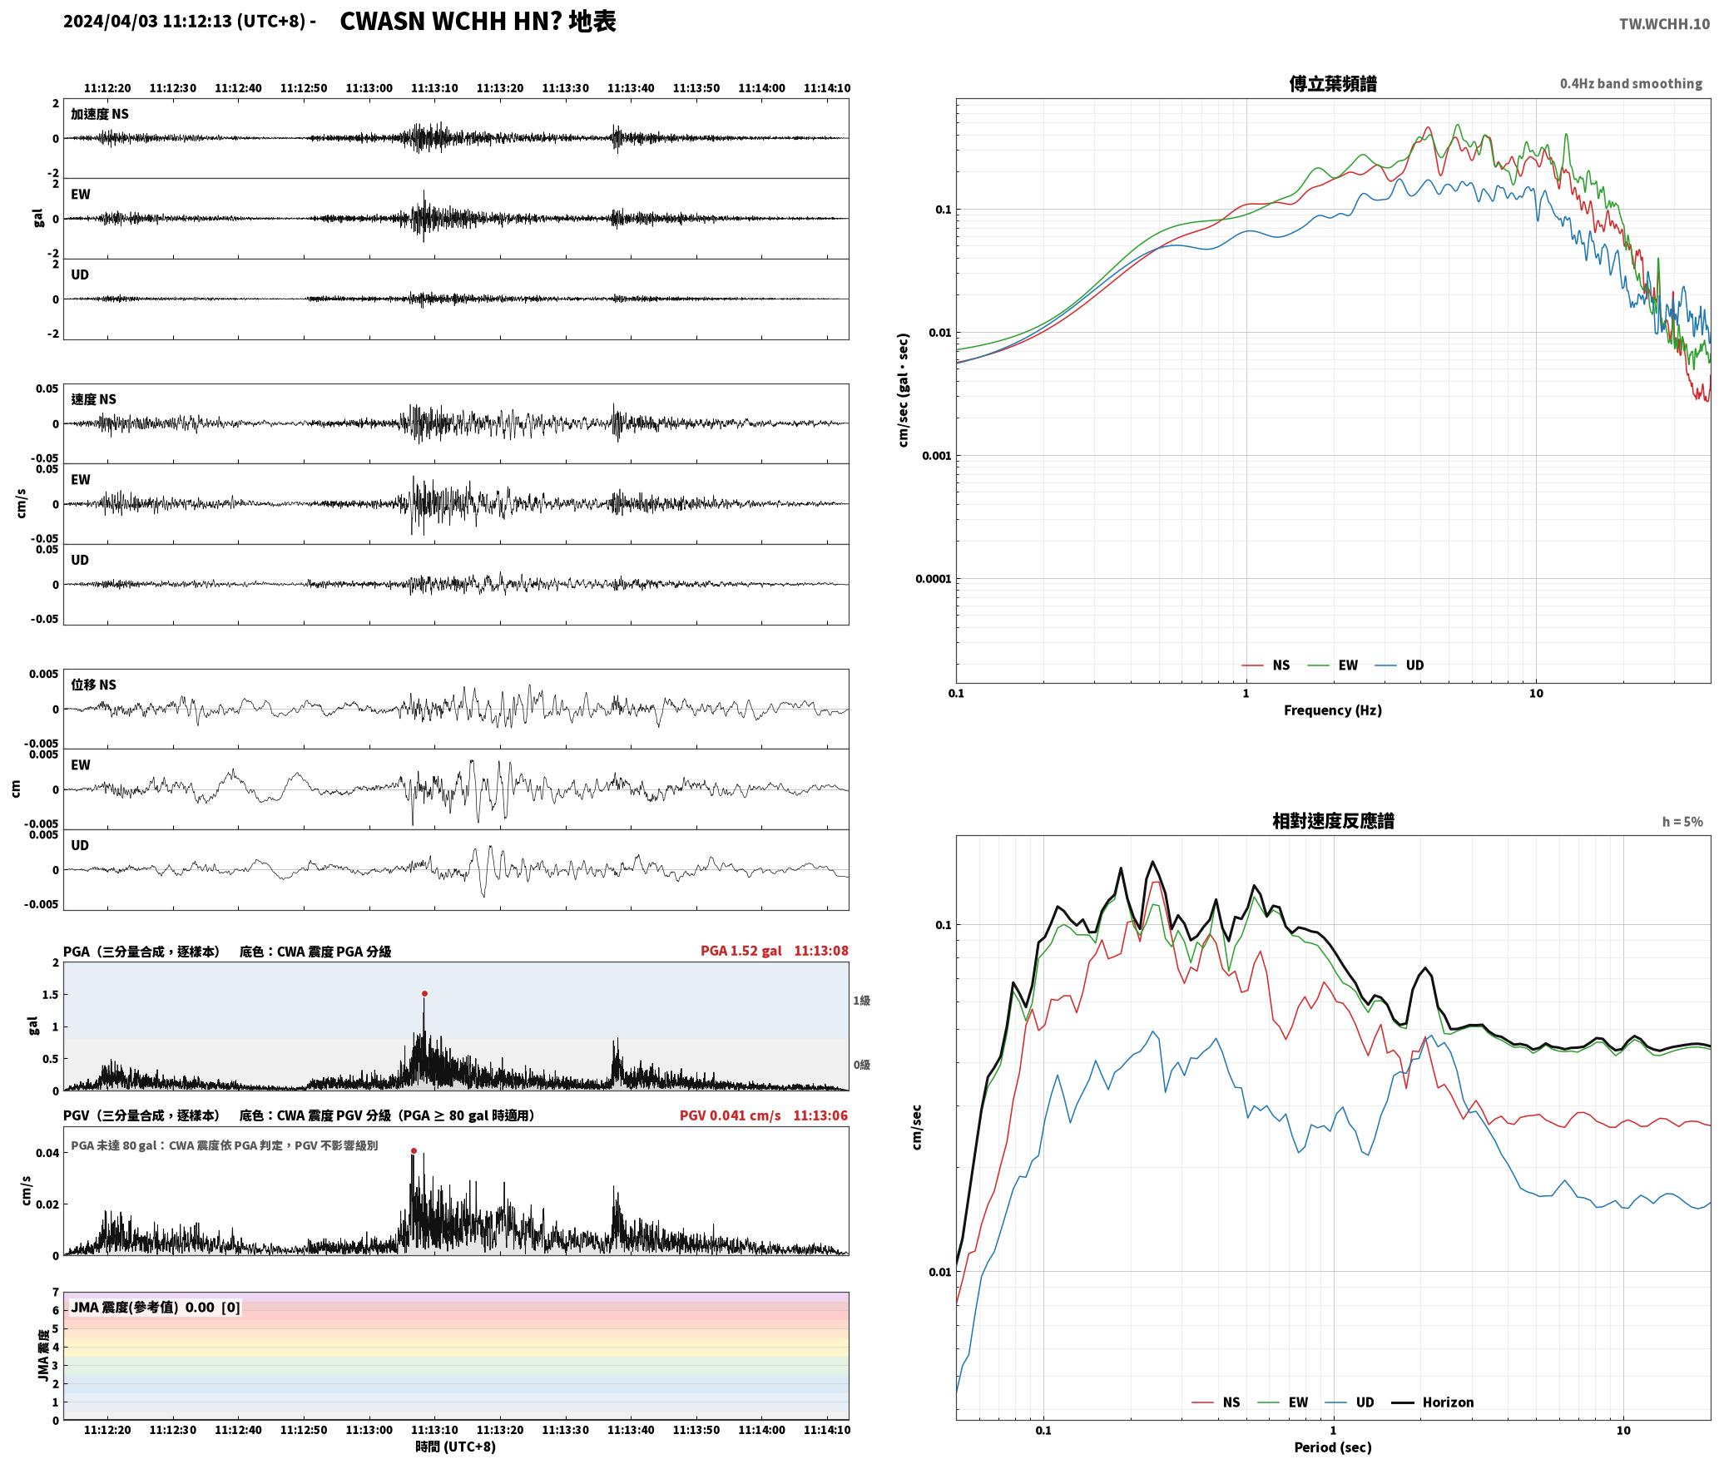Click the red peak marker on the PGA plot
pyautogui.click(x=424, y=993)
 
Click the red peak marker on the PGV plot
pyautogui.click(x=414, y=1151)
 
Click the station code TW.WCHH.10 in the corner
pyautogui.click(x=1664, y=24)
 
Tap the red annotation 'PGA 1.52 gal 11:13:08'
pyautogui.click(x=774, y=951)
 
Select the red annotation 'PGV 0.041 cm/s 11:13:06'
pyautogui.click(x=763, y=1115)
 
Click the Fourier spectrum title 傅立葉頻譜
pyautogui.click(x=1332, y=84)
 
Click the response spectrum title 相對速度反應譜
pyautogui.click(x=1332, y=821)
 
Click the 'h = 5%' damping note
pyautogui.click(x=1682, y=822)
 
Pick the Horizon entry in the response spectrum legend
pyautogui.click(x=1433, y=1402)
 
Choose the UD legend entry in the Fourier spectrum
pyautogui.click(x=1399, y=665)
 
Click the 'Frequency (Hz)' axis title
pyautogui.click(x=1332, y=710)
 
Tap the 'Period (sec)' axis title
pyautogui.click(x=1332, y=1447)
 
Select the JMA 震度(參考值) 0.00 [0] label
pyautogui.click(x=156, y=1308)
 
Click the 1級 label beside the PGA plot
pyautogui.click(x=861, y=1001)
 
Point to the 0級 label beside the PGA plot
pyautogui.click(x=861, y=1065)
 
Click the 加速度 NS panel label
pyautogui.click(x=100, y=114)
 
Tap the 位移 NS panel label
pyautogui.click(x=93, y=685)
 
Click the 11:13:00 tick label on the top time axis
pyautogui.click(x=369, y=88)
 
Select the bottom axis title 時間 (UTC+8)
pyautogui.click(x=456, y=1447)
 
